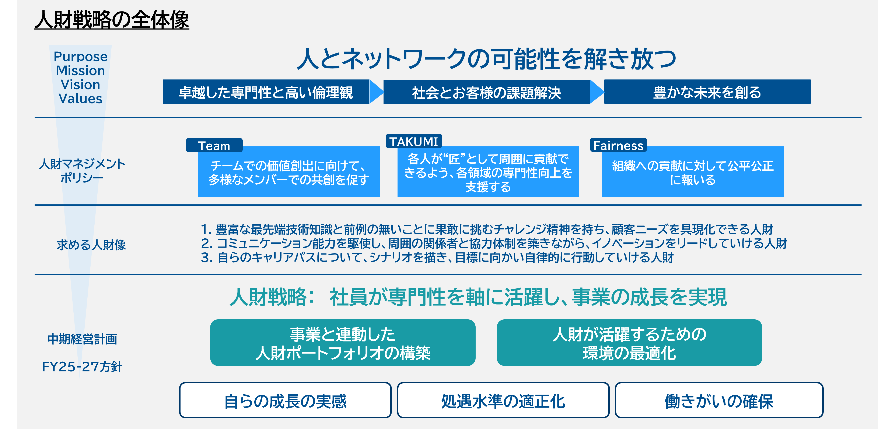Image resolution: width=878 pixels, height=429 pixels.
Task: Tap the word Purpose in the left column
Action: coord(80,57)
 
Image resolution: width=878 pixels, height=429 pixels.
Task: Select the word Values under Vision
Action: coord(80,99)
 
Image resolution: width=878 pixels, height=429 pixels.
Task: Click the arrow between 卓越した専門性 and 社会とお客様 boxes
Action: coord(376,92)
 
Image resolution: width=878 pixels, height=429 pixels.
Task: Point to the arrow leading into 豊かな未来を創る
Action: coord(597,92)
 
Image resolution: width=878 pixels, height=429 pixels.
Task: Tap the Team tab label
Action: coord(214,146)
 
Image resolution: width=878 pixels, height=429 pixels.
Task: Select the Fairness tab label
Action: coord(618,146)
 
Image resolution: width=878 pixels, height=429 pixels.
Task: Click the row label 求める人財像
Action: coord(91,245)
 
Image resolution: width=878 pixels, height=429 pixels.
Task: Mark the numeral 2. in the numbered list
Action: coord(207,243)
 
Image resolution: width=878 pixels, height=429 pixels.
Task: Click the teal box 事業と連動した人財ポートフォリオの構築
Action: coord(343,343)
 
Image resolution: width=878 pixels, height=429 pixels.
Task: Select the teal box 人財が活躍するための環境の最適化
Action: coord(629,343)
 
